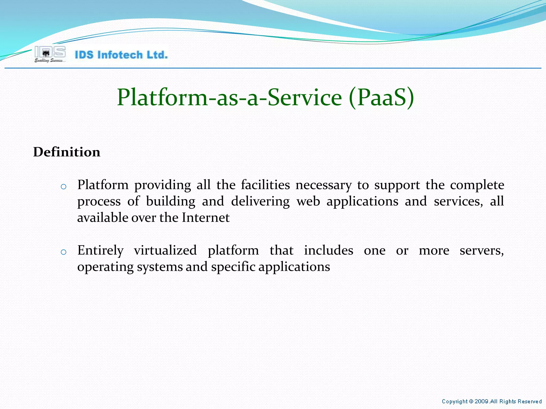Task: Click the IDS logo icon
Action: coord(50,54)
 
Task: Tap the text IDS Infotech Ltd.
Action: coord(121,55)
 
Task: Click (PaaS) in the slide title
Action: coord(381,98)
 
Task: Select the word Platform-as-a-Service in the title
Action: coord(229,98)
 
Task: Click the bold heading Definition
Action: coord(67,152)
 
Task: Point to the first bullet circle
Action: coord(63,187)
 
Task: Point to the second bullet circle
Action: coord(63,252)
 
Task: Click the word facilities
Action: coord(265,185)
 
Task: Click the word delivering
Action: coord(260,202)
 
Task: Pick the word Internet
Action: coord(206,218)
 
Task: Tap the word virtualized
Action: coord(165,250)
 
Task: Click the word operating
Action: coord(105,267)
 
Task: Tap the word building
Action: coord(171,202)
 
